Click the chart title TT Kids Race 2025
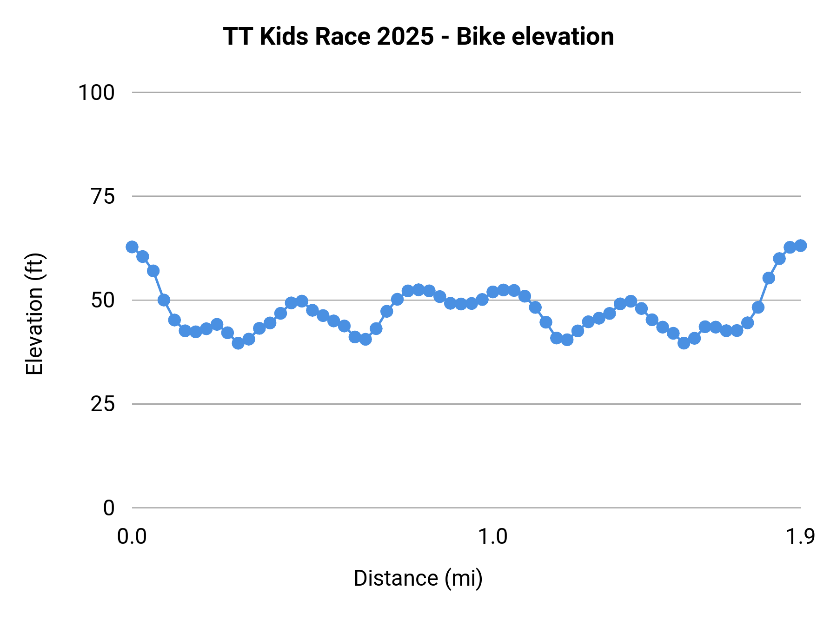tap(418, 36)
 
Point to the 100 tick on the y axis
tap(96, 93)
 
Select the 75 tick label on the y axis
tap(103, 197)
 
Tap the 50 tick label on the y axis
tap(103, 301)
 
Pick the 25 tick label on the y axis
tap(103, 404)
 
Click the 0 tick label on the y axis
tap(109, 508)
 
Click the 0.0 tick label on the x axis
tap(132, 537)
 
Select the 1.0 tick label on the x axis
tap(493, 537)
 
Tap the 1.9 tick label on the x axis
tap(800, 537)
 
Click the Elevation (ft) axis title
tap(34, 314)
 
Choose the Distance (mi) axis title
tap(418, 578)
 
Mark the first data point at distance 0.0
tap(132, 247)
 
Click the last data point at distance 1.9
tap(800, 246)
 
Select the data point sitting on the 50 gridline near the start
tap(164, 300)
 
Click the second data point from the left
tap(143, 257)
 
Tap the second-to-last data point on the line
tap(790, 247)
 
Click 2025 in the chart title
tap(405, 36)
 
